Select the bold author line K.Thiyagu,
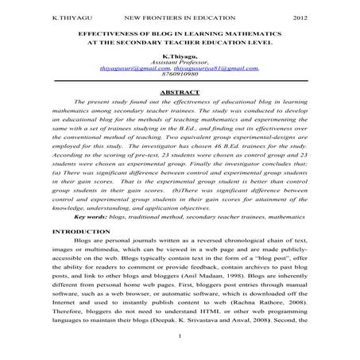coord(179,57)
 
